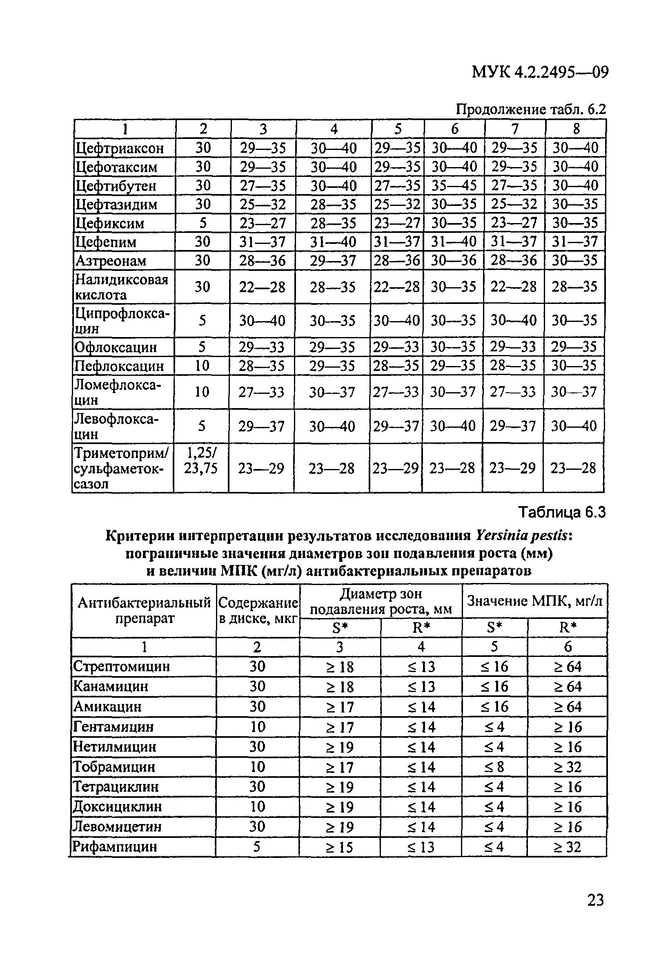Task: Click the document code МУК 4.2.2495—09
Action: click(540, 72)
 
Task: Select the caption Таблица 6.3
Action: click(561, 511)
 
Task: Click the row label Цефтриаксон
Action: click(120, 148)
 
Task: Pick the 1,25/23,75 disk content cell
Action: click(201, 460)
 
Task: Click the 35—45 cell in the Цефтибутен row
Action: click(454, 185)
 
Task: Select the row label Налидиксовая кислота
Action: click(121, 287)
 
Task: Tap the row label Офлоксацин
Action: click(116, 347)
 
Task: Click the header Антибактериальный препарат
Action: click(144, 610)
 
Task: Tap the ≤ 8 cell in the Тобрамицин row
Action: click(494, 766)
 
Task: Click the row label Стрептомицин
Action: click(121, 666)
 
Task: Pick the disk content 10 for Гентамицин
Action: click(257, 726)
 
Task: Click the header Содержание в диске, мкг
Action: click(258, 610)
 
